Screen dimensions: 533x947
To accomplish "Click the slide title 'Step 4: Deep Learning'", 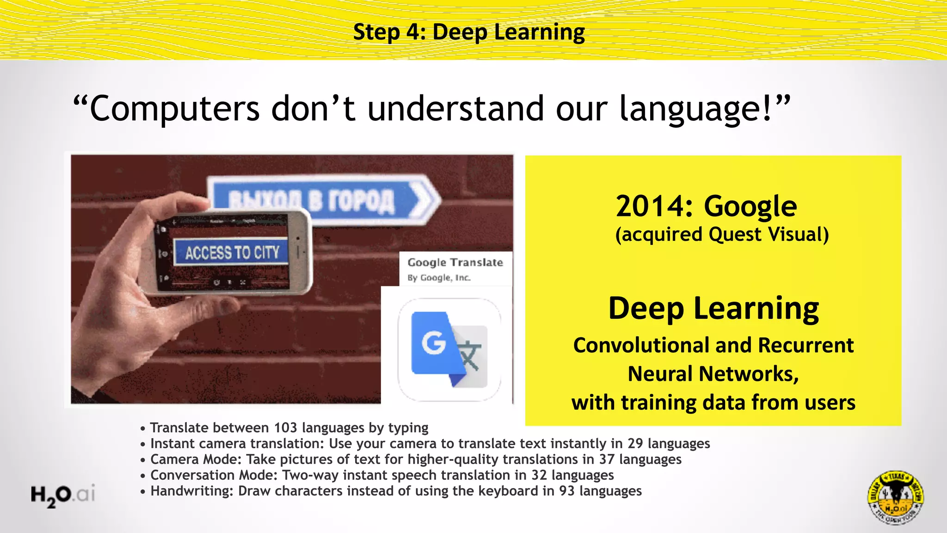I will pyautogui.click(x=469, y=32).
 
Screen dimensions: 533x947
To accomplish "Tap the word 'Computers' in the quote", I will pyautogui.click(x=174, y=109).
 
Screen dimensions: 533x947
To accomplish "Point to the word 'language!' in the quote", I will pyautogui.click(x=696, y=109).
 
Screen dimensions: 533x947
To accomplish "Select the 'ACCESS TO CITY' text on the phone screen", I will pyautogui.click(x=232, y=253).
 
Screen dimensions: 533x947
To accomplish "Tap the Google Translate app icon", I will pyautogui.click(x=449, y=349).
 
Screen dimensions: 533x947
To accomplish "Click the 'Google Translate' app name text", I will pyautogui.click(x=455, y=262).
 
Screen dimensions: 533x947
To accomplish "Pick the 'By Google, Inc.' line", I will pyautogui.click(x=439, y=278).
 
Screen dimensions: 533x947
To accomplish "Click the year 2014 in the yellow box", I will pyautogui.click(x=654, y=206).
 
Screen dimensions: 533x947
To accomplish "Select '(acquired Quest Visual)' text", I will pyautogui.click(x=722, y=235).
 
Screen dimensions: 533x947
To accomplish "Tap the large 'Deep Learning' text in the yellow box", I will pyautogui.click(x=713, y=309).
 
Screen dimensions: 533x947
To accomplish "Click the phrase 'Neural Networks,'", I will pyautogui.click(x=713, y=374).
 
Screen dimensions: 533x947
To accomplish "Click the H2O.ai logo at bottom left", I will pyautogui.click(x=63, y=495).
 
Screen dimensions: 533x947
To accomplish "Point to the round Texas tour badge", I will pyautogui.click(x=896, y=498).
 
